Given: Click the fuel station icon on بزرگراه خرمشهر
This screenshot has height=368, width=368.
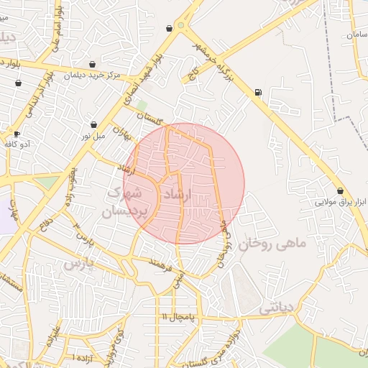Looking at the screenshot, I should point(258,92).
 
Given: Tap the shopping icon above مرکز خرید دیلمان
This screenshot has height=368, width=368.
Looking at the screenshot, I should point(91,63).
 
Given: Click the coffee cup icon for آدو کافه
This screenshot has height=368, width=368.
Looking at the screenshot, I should point(17,134).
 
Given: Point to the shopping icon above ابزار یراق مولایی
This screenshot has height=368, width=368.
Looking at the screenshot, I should point(340,191).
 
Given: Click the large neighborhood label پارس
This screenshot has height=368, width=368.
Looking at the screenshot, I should point(79,263).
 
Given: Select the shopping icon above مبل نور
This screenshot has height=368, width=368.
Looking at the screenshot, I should point(93,124).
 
